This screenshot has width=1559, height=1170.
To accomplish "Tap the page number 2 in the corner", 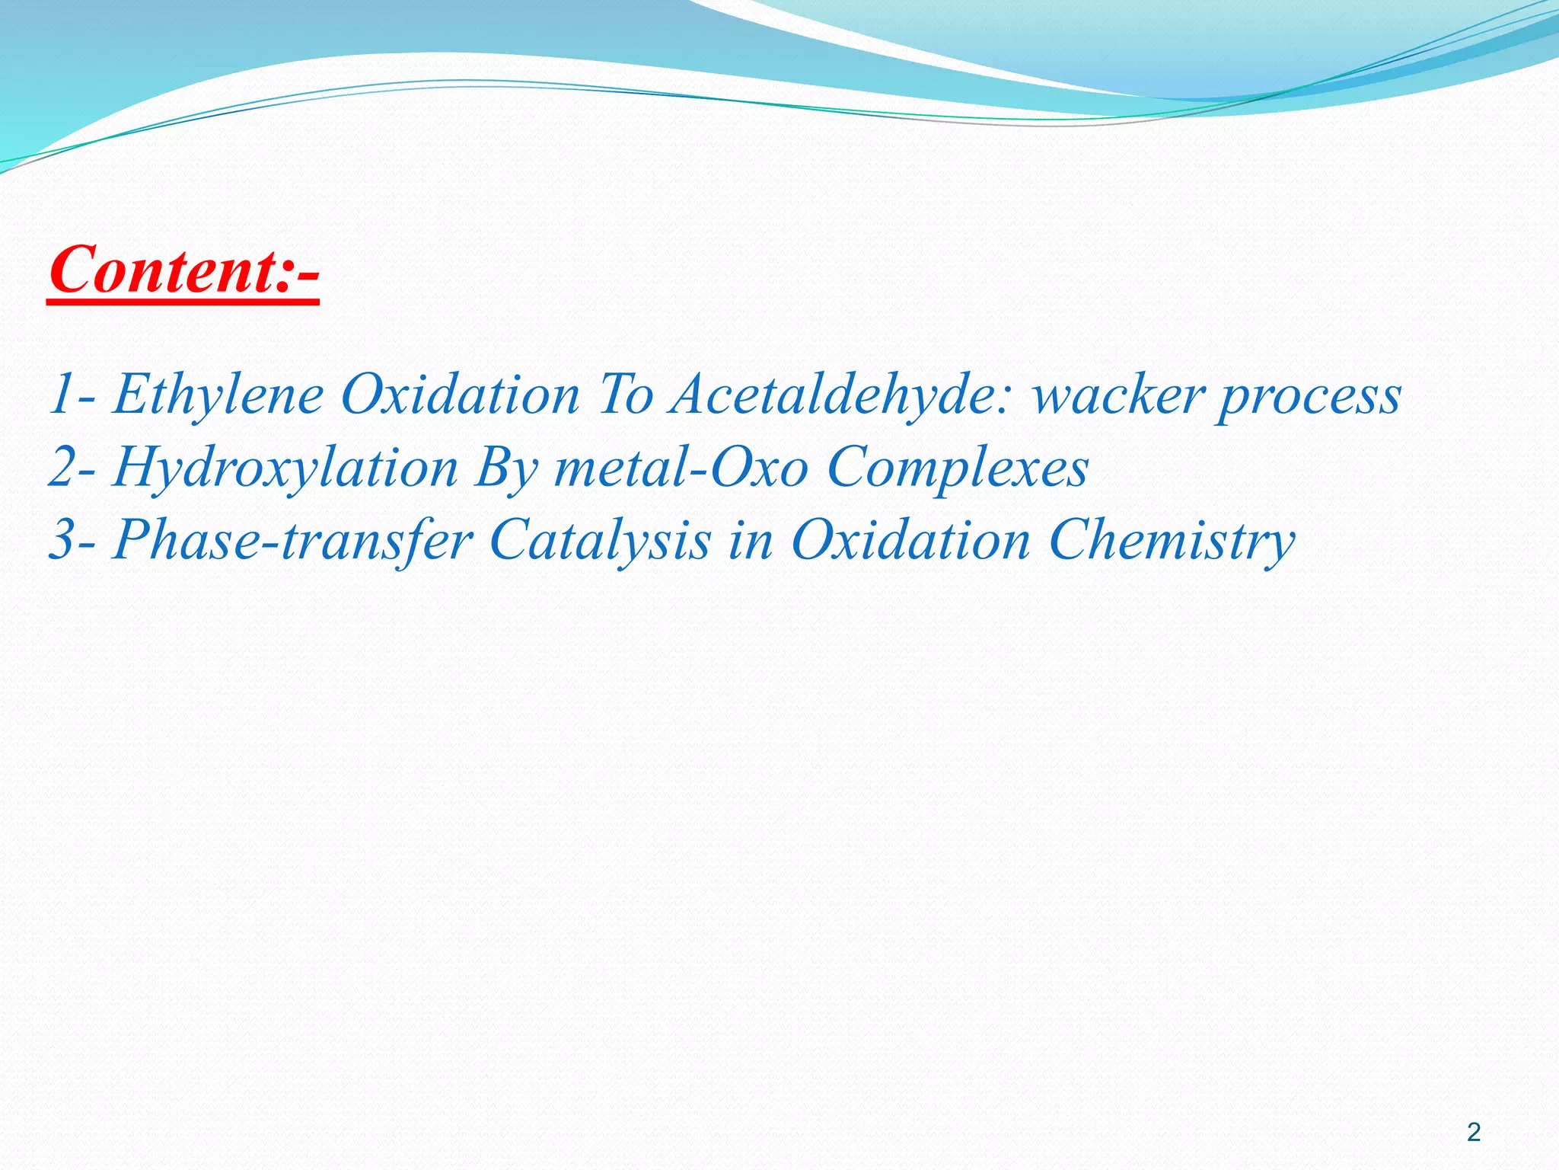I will (x=1474, y=1133).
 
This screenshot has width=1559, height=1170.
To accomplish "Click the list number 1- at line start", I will (x=72, y=395).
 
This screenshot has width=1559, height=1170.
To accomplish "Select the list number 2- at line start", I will (x=72, y=467).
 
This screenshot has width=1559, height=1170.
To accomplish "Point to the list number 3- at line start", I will (x=72, y=540).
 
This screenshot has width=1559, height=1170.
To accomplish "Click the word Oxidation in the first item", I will (x=460, y=395).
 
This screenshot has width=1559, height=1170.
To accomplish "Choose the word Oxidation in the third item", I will (x=910, y=540).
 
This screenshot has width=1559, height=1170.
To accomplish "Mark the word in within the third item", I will (x=751, y=540).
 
